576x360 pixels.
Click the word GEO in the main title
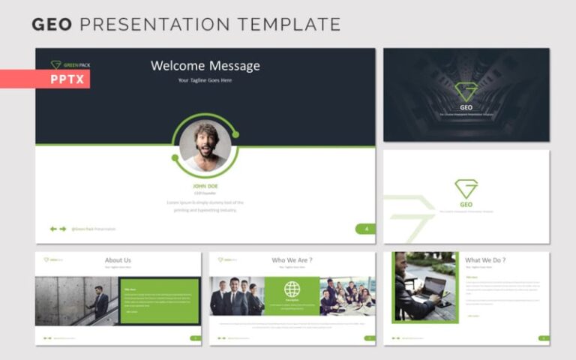(52, 25)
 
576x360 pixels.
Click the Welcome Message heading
(205, 66)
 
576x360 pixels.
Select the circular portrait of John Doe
(205, 145)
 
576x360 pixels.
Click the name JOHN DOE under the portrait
(205, 186)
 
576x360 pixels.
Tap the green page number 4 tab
(365, 229)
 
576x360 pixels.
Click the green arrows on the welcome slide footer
(58, 229)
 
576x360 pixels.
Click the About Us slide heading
(118, 260)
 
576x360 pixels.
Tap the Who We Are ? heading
(292, 260)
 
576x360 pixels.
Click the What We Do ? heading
(485, 260)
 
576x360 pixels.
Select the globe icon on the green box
(292, 289)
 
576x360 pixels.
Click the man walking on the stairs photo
(76, 301)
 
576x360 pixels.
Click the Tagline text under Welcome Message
(205, 80)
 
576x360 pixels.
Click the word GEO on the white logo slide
(466, 204)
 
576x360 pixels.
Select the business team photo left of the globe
(236, 296)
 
